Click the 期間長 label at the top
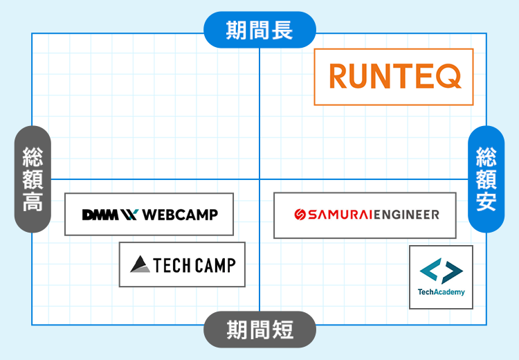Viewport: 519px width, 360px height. tap(259, 30)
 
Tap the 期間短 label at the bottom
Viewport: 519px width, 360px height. tap(259, 330)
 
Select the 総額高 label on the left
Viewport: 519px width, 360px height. tap(33, 179)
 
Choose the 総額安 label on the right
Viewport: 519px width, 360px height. tap(486, 179)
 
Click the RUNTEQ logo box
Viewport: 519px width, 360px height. tap(394, 77)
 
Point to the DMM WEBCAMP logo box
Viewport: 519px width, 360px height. tap(149, 215)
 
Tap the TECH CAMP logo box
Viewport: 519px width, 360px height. tap(182, 264)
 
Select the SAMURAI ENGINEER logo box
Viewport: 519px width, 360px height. tap(365, 215)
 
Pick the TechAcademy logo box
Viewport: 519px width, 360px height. tap(441, 277)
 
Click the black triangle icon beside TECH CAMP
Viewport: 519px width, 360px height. tap(140, 264)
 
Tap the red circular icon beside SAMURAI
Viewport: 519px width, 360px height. tap(300, 215)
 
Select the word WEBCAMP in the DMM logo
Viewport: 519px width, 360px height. tap(180, 215)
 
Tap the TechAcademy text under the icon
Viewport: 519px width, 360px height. tap(441, 292)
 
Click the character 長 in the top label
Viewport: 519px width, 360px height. tap(282, 30)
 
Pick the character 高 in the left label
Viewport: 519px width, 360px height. tap(33, 202)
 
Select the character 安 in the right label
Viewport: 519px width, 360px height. tap(486, 202)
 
